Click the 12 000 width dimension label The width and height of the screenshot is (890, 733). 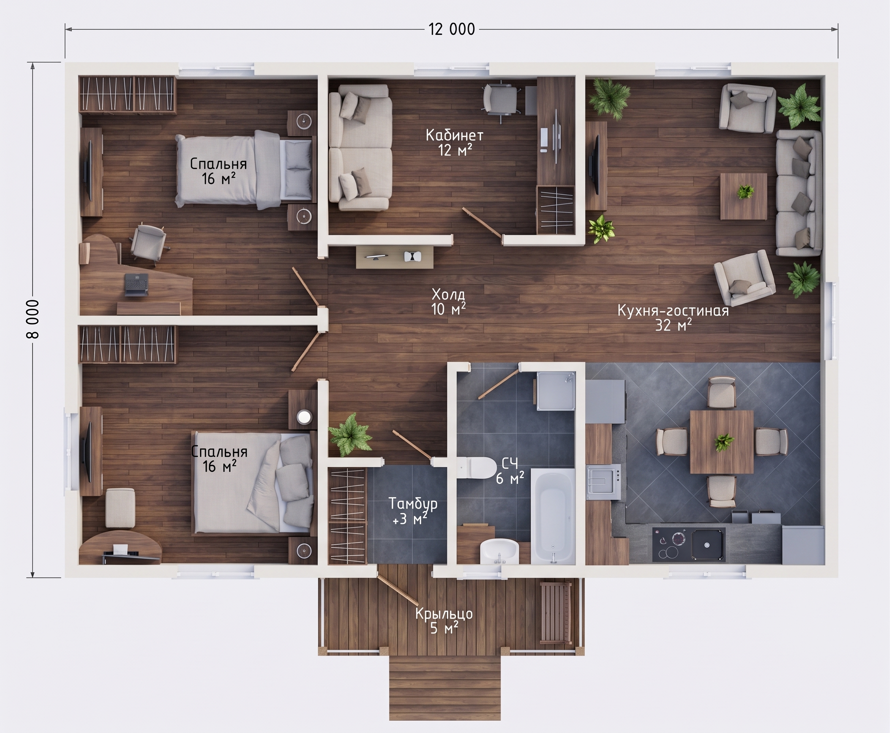point(452,29)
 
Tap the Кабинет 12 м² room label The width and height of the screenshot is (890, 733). point(454,142)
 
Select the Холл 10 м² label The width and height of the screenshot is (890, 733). point(449,301)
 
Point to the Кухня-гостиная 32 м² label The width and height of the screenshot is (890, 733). point(673,318)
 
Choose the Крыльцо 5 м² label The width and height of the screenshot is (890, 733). point(444,621)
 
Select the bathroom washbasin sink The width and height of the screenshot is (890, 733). point(499,551)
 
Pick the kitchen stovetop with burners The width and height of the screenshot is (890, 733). point(689,544)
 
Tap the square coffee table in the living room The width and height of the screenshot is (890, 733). point(743,196)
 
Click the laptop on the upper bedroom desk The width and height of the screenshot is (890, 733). point(136,284)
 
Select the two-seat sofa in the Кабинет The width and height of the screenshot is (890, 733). point(360,147)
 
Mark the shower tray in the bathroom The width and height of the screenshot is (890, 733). point(555,391)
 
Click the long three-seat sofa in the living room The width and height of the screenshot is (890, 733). point(799,193)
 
